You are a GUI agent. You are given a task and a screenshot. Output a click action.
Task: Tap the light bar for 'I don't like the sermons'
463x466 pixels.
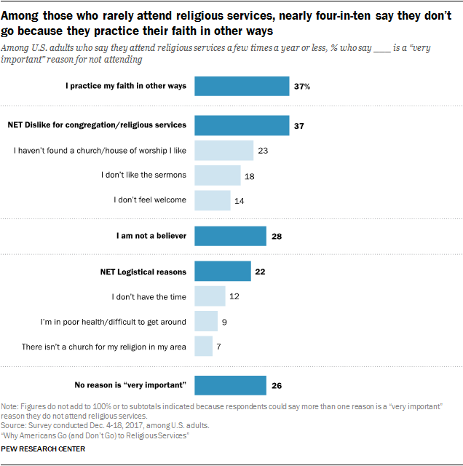click(x=218, y=175)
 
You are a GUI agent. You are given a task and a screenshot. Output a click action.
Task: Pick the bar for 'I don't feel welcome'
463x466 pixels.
click(x=213, y=200)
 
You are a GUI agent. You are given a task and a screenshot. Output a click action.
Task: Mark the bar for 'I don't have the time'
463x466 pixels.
click(x=210, y=296)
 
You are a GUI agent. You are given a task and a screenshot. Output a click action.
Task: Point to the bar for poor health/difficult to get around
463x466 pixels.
click(x=206, y=321)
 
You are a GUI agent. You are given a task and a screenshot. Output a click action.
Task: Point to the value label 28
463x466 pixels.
click(x=277, y=236)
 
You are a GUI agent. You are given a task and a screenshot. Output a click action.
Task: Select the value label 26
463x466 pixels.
click(x=277, y=384)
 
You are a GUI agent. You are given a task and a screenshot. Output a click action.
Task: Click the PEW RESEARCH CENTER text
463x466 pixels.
click(x=44, y=449)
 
